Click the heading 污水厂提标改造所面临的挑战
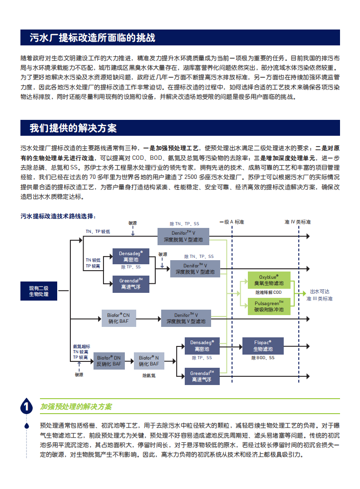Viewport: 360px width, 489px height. pyautogui.click(x=93, y=38)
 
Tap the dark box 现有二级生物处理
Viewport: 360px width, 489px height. pyautogui.click(x=39, y=291)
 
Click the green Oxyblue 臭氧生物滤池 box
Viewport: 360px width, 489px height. pyautogui.click(x=269, y=280)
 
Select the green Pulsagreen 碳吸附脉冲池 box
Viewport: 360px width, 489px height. pyautogui.click(x=269, y=306)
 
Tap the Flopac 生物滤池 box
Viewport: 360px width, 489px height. pyautogui.click(x=263, y=346)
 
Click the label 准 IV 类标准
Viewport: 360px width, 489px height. pyautogui.click(x=297, y=222)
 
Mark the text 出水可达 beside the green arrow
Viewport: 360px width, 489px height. pyautogui.click(x=320, y=291)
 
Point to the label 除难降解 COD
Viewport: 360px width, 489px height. pyautogui.click(x=268, y=292)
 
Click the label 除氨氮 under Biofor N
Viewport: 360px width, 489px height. pyautogui.click(x=149, y=375)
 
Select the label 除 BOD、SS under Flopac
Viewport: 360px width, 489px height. pyautogui.click(x=263, y=358)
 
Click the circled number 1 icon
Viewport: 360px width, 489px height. pyautogui.click(x=27, y=407)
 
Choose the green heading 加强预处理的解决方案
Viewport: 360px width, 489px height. pyautogui.click(x=76, y=407)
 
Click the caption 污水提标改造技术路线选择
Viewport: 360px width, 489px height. pyautogui.click(x=58, y=216)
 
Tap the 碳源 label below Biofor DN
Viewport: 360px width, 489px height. pyautogui.click(x=79, y=375)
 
